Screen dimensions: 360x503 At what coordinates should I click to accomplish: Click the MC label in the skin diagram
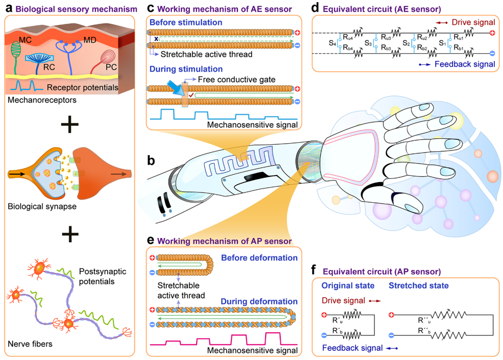[25, 40]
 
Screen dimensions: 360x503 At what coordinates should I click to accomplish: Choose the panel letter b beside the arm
[152, 160]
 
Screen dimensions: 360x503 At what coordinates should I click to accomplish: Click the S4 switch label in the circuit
[332, 42]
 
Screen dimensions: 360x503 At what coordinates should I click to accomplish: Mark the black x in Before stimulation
[156, 39]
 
